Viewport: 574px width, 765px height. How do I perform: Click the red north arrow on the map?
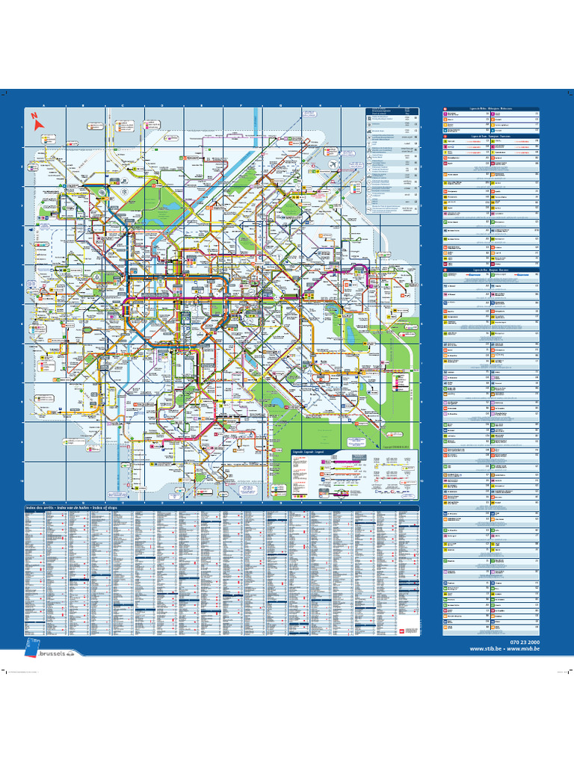pyautogui.click(x=34, y=117)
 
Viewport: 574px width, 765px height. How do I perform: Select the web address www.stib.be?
pyautogui.click(x=485, y=649)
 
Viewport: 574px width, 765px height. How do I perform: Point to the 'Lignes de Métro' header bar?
pyautogui.click(x=490, y=108)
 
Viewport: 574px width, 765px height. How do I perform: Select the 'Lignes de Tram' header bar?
pyautogui.click(x=490, y=136)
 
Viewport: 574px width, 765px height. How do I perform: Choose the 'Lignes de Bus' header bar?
pyautogui.click(x=490, y=270)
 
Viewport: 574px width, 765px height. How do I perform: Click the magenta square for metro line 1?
pyautogui.click(x=445, y=114)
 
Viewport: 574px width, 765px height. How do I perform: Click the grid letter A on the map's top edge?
pyautogui.click(x=43, y=106)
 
